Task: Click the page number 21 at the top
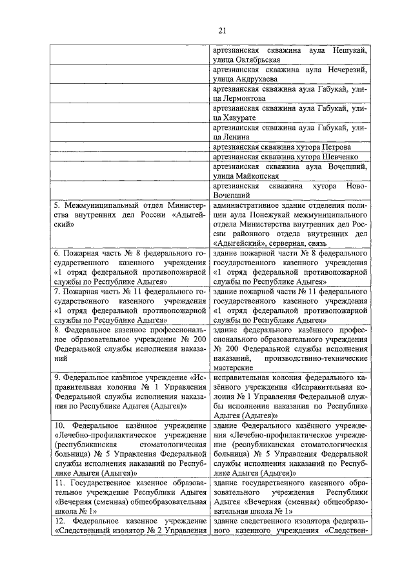point(223,30)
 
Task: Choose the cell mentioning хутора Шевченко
point(294,156)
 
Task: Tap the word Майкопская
point(257,175)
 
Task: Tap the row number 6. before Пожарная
point(57,254)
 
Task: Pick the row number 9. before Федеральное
point(57,378)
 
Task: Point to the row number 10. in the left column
point(59,425)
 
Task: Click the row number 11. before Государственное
point(59,482)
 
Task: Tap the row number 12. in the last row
point(59,521)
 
